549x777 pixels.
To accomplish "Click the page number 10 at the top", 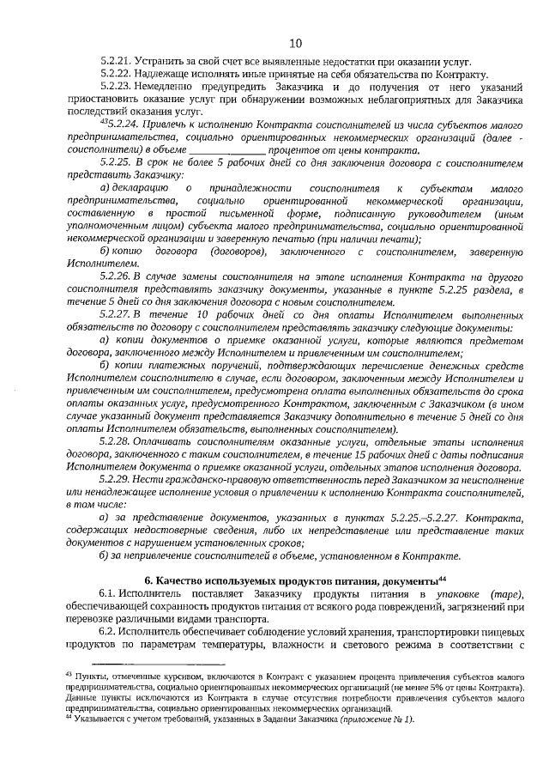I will point(295,43).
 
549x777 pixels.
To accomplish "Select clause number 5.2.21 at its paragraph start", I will point(116,63).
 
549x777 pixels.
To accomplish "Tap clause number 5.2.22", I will point(116,75).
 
